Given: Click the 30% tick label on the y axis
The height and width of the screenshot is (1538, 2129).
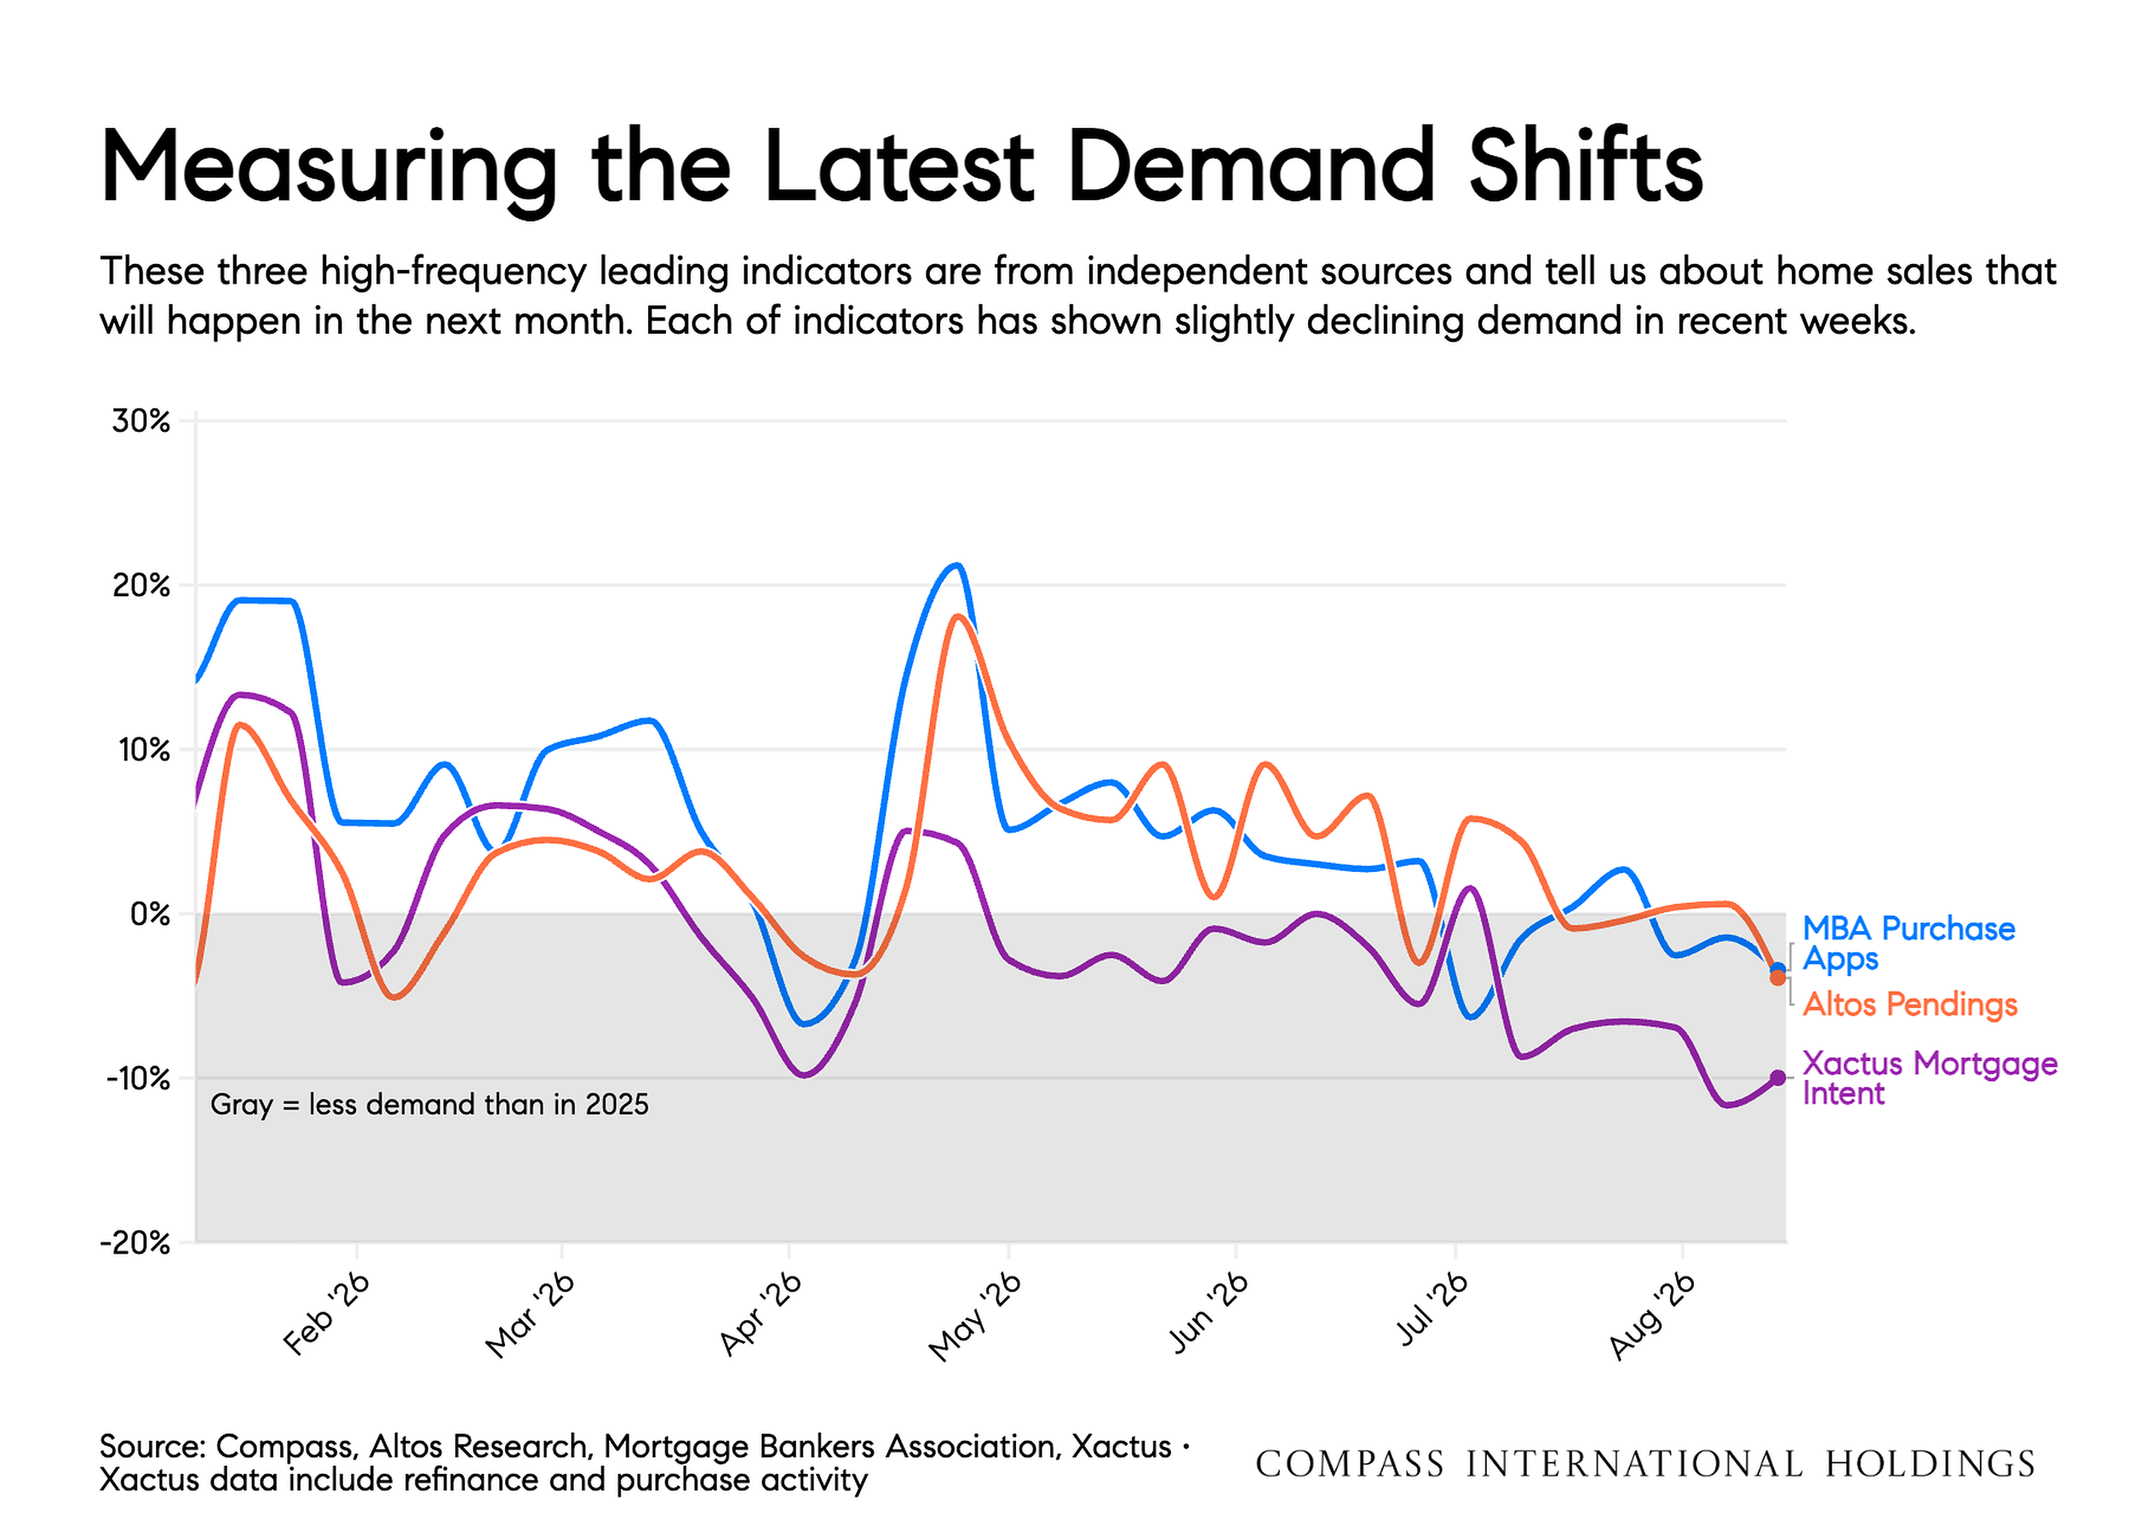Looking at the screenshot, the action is pos(141,422).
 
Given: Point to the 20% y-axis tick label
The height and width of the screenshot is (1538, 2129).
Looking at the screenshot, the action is pos(141,586).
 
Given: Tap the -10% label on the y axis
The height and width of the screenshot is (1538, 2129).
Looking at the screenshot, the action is pos(137,1079).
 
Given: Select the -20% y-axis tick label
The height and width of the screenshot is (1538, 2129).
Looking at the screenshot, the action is pos(136,1243).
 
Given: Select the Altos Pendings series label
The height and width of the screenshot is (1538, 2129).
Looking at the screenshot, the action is pos(1909,1005).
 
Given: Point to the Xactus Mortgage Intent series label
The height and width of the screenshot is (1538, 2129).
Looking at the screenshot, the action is pos(1930,1079).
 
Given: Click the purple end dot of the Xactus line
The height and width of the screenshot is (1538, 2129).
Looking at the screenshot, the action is pos(1778,1078).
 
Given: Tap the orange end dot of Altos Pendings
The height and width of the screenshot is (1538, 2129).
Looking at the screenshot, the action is pos(1778,978).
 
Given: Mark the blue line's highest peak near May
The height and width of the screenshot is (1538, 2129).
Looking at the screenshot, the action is pos(956,565).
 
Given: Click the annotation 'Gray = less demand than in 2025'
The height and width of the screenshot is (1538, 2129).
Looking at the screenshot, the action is pos(429,1105).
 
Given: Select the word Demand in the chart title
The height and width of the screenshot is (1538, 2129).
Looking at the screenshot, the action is pos(1251,166).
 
